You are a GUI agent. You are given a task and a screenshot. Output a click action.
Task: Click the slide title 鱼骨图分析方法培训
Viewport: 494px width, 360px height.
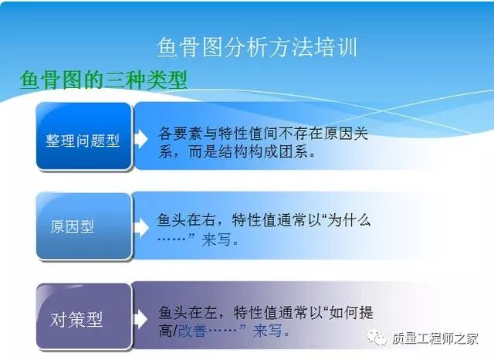point(256,47)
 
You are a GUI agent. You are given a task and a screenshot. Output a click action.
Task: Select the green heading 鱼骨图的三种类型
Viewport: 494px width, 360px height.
point(103,81)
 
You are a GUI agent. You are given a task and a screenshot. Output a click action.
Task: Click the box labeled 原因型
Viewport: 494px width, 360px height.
point(73,226)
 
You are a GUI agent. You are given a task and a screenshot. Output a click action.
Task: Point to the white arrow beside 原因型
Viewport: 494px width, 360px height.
point(140,227)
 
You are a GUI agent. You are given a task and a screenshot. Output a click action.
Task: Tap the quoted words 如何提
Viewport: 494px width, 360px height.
point(350,312)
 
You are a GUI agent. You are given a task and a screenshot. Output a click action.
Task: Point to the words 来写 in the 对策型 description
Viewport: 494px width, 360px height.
point(269,331)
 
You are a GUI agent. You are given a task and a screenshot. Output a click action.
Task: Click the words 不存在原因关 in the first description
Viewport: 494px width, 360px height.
point(327,133)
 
